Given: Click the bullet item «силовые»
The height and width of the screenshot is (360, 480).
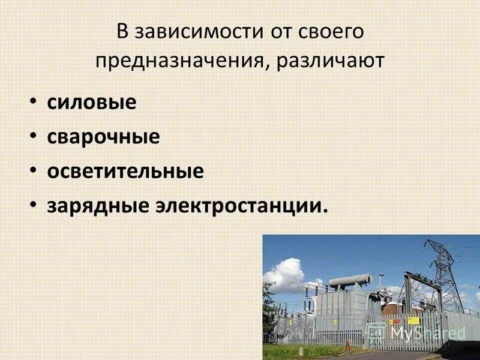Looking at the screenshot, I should (92, 103).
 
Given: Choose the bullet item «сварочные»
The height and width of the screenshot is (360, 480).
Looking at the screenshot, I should (103, 137).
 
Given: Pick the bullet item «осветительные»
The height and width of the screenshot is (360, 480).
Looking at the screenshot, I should (125, 172).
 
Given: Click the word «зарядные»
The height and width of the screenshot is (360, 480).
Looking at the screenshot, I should (98, 206).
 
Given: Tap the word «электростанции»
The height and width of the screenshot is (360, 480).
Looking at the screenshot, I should (239, 206).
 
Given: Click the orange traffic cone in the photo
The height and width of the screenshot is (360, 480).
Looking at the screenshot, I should (347, 347).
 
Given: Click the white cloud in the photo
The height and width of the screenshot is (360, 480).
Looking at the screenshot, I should (284, 273).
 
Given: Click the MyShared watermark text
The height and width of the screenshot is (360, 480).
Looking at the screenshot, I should (420, 331).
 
